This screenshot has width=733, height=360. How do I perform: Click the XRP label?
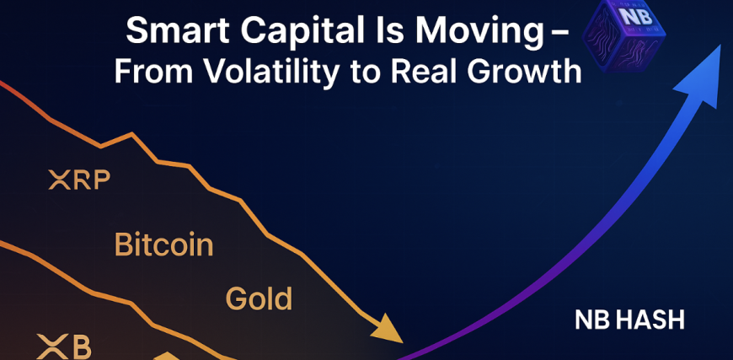tap(79, 180)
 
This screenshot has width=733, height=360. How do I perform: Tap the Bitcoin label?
tap(164, 244)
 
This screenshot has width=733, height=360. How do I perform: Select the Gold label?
tap(259, 298)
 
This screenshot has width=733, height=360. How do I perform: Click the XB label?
tap(64, 347)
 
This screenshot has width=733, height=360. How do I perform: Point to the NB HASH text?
tap(629, 320)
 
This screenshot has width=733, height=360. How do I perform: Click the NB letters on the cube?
tap(634, 17)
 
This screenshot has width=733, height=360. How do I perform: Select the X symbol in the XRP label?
tap(59, 180)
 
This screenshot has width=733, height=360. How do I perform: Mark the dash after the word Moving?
tap(563, 35)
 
